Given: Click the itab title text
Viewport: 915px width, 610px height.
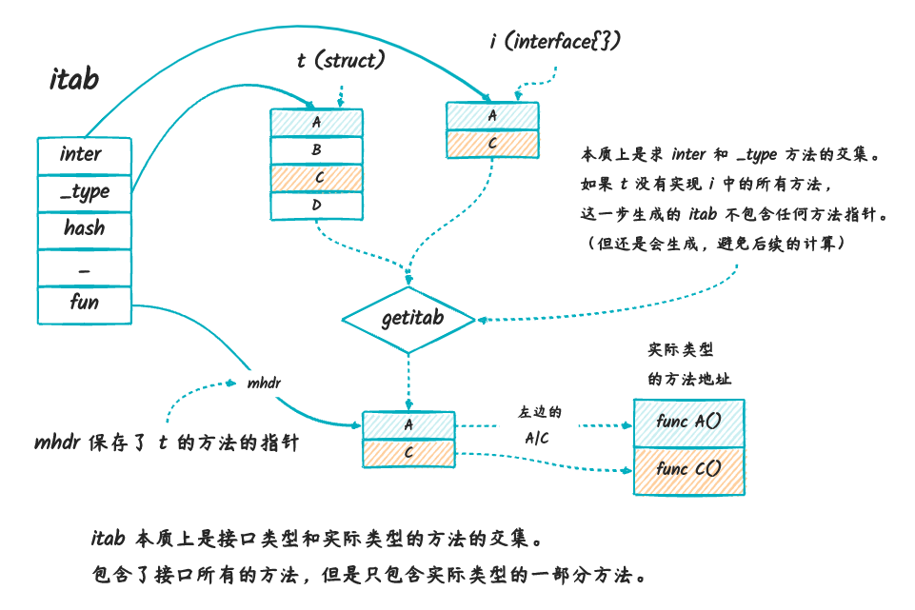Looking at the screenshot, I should [73, 80].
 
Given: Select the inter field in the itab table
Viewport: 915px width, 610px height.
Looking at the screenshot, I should [83, 155].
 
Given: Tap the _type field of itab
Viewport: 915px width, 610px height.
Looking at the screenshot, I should [83, 192].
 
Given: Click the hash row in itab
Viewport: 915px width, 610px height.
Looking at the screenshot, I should [83, 229].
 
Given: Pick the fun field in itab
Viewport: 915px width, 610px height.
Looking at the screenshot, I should [83, 303].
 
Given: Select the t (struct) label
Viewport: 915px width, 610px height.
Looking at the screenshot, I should [340, 61].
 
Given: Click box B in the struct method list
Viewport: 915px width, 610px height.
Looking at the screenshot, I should [316, 150].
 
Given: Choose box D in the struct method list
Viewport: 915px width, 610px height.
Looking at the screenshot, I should [316, 205].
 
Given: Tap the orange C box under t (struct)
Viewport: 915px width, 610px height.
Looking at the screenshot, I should [316, 178].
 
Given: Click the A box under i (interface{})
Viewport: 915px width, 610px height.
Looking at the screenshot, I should [492, 115].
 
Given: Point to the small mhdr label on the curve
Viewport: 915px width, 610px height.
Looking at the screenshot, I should [264, 383].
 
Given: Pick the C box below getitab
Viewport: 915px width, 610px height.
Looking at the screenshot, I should [408, 453].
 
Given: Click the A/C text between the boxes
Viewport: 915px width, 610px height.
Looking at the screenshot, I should [539, 438].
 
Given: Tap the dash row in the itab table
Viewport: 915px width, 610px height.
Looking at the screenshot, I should [83, 267].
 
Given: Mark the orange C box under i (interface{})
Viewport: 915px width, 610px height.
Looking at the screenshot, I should [492, 143].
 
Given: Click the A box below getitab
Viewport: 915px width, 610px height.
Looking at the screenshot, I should [408, 425].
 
